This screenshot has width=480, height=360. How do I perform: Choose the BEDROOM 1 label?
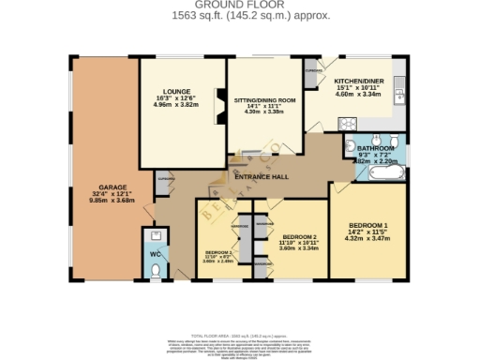tap(368, 226)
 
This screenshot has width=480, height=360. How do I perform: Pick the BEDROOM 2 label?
tap(300, 237)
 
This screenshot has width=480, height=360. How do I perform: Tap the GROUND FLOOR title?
tap(239, 7)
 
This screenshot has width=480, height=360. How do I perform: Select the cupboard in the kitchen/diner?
tap(313, 70)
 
